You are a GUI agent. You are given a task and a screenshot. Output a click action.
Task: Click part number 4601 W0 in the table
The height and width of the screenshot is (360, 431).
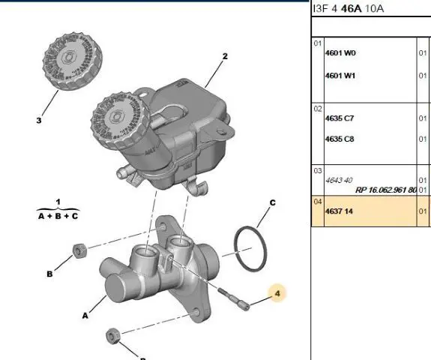point(340,52)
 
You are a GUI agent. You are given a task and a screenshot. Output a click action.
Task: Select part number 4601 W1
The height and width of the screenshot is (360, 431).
point(340,75)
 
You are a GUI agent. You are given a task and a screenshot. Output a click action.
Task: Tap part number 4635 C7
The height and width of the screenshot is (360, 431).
point(340,118)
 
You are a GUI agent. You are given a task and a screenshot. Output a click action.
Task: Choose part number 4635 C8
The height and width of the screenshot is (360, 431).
point(340,139)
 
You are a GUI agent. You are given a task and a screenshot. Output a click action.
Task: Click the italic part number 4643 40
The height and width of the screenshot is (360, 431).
point(339,181)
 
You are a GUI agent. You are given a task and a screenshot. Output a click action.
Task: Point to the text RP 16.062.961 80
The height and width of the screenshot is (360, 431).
point(386,190)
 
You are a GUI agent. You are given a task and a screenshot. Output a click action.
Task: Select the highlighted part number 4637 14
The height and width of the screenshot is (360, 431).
point(339,211)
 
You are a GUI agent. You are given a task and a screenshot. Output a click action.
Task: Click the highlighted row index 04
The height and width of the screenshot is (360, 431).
point(318,202)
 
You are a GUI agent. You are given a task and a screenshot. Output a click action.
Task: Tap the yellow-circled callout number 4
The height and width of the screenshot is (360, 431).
point(277,293)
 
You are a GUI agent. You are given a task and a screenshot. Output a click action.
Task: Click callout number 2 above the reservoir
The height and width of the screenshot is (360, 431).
point(225,56)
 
